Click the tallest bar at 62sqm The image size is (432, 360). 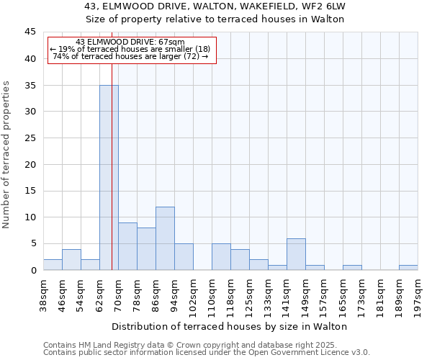tap(109, 177)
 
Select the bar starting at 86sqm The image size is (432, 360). tap(165, 238)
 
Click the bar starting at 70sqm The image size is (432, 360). tap(127, 246)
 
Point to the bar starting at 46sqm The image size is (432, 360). tap(71, 259)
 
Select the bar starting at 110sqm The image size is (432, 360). tap(221, 257)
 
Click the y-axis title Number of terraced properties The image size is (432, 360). tap(6, 155)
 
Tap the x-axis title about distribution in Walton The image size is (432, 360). tap(230, 326)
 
